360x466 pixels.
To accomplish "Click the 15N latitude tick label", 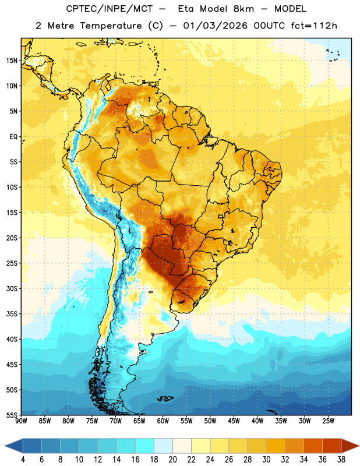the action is [x=12, y=61].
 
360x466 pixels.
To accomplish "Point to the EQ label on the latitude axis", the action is [x=13, y=137].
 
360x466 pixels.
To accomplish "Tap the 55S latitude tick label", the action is [x=12, y=415].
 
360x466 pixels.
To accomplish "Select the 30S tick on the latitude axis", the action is [x=12, y=288].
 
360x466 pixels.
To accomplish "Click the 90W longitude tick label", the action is [x=22, y=421].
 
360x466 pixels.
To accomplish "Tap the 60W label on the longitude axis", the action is [x=163, y=421].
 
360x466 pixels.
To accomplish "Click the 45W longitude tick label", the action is [x=234, y=421].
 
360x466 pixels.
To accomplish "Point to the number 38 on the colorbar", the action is [x=341, y=460].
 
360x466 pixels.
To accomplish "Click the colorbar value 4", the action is [x=23, y=460].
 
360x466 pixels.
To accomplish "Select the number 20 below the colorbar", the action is [x=172, y=460].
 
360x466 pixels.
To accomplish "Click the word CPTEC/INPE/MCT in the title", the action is [x=109, y=9].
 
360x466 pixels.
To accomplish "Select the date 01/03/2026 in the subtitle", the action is [x=215, y=26].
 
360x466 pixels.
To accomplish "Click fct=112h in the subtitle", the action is [x=314, y=26].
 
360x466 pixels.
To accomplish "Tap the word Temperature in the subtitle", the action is [x=111, y=26].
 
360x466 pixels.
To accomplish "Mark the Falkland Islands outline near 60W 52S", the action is [x=165, y=398].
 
